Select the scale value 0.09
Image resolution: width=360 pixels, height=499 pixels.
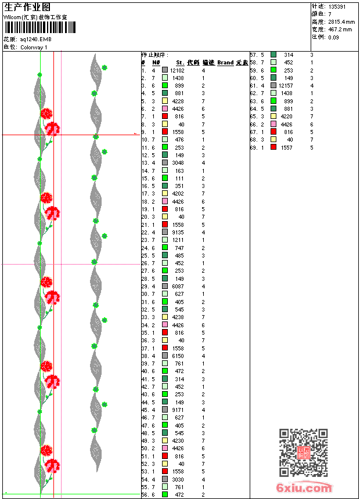tap(333, 37)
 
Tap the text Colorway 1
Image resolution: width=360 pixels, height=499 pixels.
tap(34, 48)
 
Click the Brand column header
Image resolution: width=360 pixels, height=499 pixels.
tap(225, 63)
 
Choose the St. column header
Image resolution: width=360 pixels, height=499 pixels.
tap(180, 63)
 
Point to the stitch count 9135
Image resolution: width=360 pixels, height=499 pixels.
tap(178, 232)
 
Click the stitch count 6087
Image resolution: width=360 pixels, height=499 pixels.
tap(178, 286)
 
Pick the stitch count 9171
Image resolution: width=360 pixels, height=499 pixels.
tap(178, 410)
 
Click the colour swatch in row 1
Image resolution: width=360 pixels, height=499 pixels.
tap(165, 70)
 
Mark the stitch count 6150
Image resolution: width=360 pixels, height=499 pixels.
tap(178, 356)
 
